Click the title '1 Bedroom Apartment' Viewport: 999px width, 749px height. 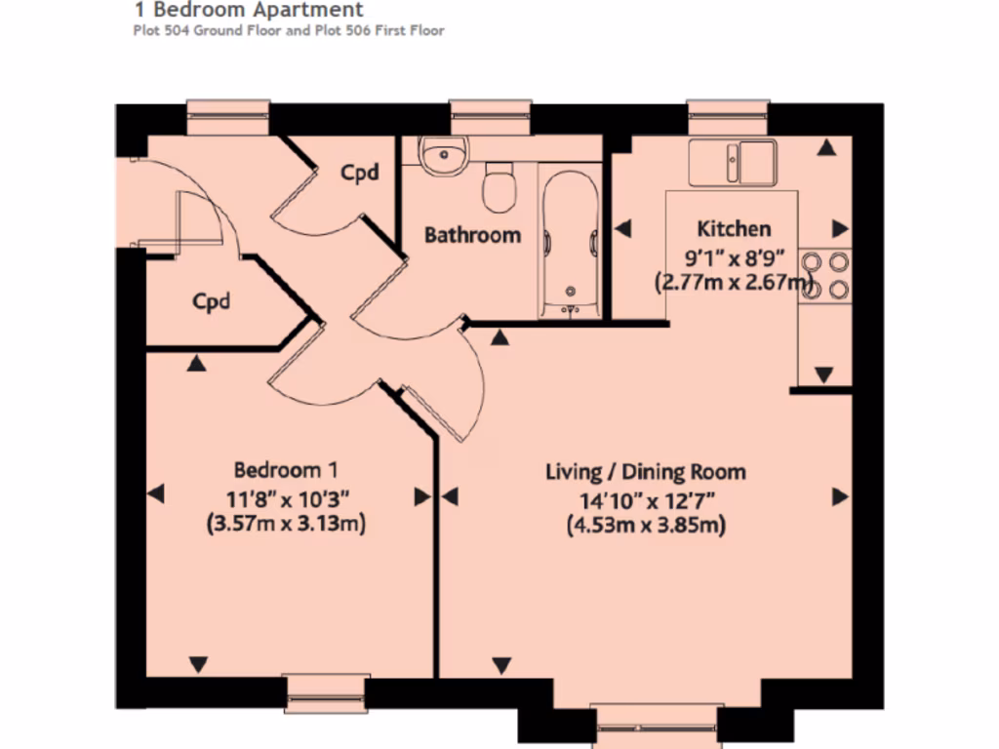click(248, 11)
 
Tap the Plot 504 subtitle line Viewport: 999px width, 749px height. click(288, 31)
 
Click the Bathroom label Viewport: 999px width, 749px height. click(472, 235)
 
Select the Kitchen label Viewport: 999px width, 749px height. click(734, 229)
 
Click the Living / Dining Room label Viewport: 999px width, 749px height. click(645, 472)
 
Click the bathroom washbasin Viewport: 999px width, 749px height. click(445, 154)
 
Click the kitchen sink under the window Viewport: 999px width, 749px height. click(732, 161)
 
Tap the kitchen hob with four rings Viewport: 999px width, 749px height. click(824, 275)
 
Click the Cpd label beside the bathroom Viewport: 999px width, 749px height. click(358, 173)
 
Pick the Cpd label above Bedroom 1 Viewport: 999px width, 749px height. click(211, 301)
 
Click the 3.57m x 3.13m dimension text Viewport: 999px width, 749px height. click(286, 524)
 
